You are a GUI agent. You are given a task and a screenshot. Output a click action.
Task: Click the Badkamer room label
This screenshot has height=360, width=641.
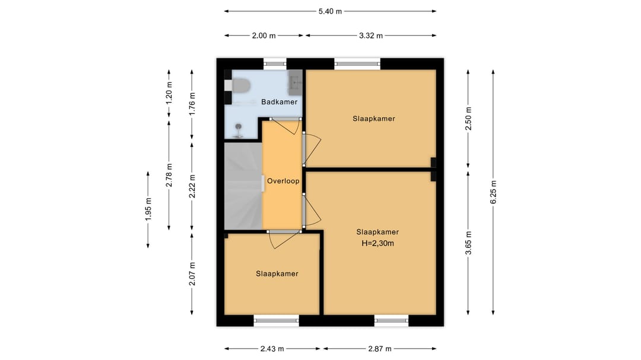coord(279,102)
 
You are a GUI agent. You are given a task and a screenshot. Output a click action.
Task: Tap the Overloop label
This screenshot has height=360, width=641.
coord(283,181)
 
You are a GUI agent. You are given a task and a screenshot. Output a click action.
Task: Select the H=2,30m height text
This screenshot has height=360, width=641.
coord(377,244)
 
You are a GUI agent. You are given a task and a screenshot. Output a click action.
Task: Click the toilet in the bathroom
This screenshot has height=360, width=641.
coord(240,86)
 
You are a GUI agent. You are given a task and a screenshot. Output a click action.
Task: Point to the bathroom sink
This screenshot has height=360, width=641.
coord(295,82)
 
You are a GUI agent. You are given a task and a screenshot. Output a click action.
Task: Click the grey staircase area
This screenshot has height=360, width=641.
coord(243,186)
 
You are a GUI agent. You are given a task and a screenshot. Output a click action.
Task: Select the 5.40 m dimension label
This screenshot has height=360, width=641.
coord(331,11)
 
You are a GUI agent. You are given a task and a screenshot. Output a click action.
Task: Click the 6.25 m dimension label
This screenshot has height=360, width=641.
coord(493,192)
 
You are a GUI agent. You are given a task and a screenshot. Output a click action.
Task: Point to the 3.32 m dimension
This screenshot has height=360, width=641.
coord(371,36)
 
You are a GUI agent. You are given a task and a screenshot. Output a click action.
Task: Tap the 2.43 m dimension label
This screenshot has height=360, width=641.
coord(272,349)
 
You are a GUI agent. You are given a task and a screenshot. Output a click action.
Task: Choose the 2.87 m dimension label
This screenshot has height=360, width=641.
coord(380,349)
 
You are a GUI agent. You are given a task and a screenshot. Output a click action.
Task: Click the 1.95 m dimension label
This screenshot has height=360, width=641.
coord(148,209)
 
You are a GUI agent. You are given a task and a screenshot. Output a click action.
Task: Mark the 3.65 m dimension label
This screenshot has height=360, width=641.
coord(468,243)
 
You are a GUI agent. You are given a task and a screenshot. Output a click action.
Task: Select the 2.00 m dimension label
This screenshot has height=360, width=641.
coord(264,36)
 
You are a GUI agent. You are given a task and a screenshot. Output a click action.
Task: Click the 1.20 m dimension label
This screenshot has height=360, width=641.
coord(169,94)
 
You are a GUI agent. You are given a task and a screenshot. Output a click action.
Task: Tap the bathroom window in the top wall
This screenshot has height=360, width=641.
coord(275,63)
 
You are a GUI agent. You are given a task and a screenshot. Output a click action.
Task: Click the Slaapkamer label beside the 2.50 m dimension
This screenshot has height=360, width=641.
coord(374,119)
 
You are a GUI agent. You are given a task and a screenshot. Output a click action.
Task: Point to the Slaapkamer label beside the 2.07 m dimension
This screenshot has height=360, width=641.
coord(277,274)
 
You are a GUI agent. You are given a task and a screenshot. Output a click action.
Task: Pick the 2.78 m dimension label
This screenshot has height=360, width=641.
coord(169,176)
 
